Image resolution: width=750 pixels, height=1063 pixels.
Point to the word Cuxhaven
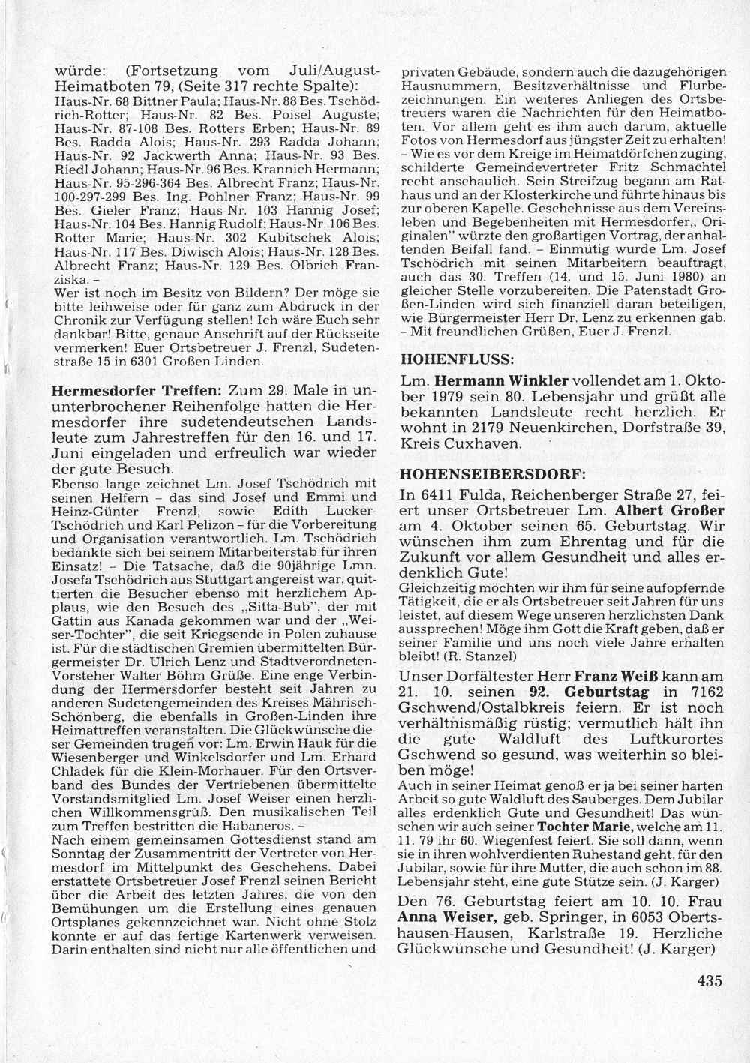coord(485,443)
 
